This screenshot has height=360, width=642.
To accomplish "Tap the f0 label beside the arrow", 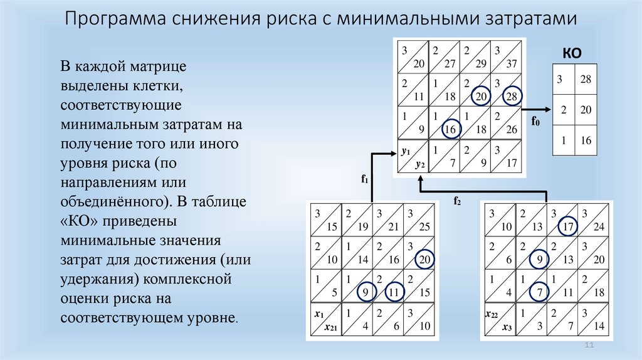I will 535,121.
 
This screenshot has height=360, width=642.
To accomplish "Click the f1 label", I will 363,179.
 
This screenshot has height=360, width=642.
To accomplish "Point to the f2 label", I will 457,201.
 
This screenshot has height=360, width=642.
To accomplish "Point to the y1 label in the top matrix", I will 405,151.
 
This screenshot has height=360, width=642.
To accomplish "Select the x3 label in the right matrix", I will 507,327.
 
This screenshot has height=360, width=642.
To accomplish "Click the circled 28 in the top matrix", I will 512,95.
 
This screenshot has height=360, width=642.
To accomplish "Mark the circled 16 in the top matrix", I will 449,129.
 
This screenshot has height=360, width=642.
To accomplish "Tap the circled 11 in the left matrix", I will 393,292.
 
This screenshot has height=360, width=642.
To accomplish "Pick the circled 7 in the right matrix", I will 538,292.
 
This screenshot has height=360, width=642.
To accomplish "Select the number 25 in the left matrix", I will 424,226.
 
